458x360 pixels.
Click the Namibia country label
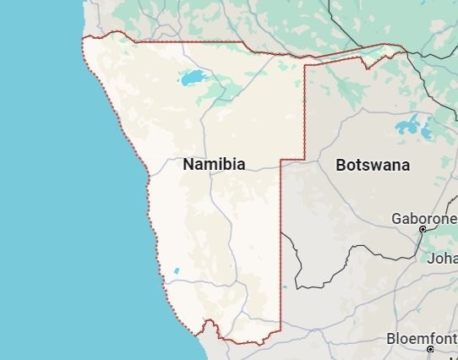(x=214, y=165)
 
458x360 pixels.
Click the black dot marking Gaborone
(x=422, y=229)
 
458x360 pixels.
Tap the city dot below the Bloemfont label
(x=430, y=349)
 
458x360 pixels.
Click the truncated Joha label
(x=442, y=258)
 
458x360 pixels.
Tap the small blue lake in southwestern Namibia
(x=176, y=271)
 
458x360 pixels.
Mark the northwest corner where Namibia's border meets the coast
(x=84, y=38)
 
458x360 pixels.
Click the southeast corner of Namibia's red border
(x=280, y=330)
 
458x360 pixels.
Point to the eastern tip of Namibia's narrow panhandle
(x=403, y=46)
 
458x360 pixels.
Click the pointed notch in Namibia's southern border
(x=205, y=322)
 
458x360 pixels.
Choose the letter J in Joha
(x=430, y=258)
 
